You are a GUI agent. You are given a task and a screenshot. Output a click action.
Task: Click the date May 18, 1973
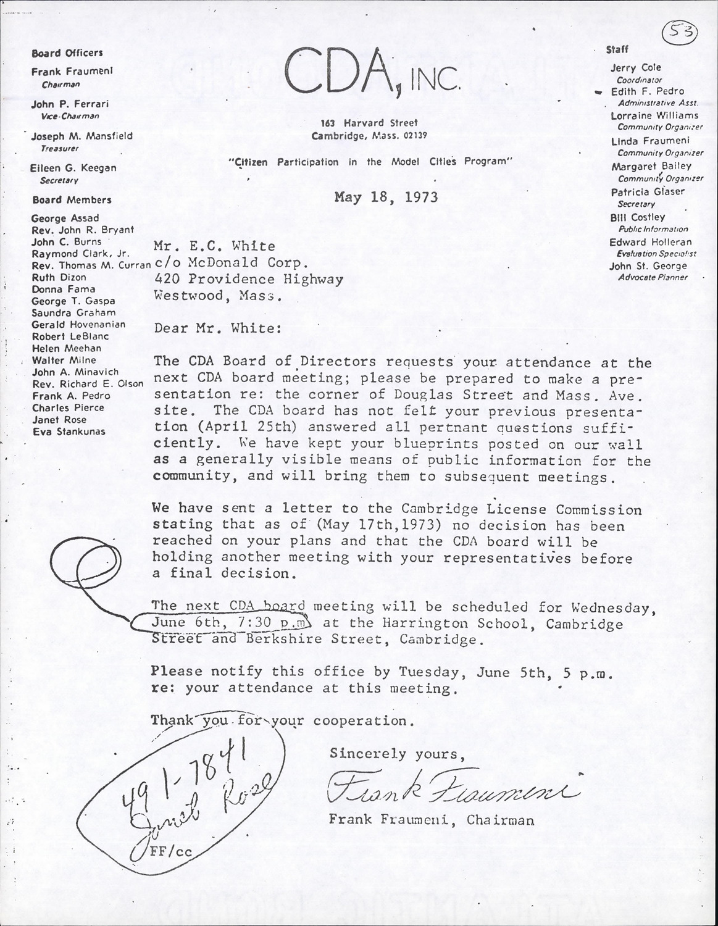click(386, 197)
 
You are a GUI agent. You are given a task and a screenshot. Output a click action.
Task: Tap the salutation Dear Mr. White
click(217, 328)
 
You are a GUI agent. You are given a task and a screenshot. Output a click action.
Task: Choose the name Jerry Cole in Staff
click(636, 67)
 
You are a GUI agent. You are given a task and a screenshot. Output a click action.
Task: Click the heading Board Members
click(72, 200)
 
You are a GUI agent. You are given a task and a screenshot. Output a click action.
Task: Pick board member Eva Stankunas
click(69, 432)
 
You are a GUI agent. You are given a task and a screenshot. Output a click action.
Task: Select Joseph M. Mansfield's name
click(81, 136)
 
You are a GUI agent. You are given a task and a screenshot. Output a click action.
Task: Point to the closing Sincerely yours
click(395, 754)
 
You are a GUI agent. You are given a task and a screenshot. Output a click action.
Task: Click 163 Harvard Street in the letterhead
click(374, 123)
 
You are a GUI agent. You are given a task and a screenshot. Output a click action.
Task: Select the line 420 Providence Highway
click(248, 279)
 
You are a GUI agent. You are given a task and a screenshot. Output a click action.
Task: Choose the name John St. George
click(648, 266)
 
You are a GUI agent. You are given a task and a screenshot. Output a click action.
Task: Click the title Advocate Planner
click(653, 277)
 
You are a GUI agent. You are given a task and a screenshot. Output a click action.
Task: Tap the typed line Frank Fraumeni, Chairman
click(431, 820)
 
